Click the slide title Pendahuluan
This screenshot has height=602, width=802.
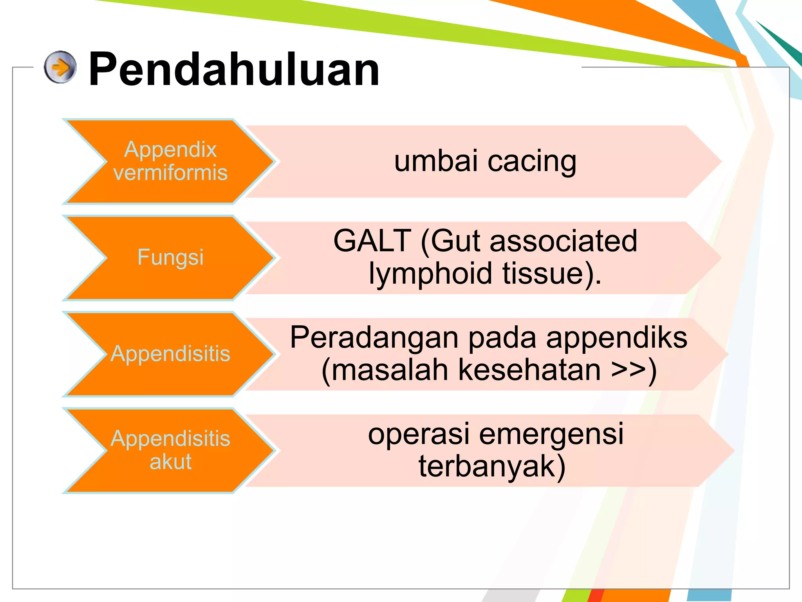click(x=234, y=69)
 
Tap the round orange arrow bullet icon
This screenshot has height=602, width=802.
click(x=60, y=67)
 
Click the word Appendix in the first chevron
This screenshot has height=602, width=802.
click(x=170, y=149)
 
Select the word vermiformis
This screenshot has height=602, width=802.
click(x=170, y=172)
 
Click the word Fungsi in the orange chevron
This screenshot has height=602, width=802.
click(x=170, y=257)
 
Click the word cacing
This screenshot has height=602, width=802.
click(x=532, y=161)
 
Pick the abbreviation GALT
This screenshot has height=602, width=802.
click(x=372, y=241)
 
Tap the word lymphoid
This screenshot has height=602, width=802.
click(x=430, y=273)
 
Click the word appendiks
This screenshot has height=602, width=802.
click(x=616, y=338)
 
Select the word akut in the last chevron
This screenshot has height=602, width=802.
click(x=170, y=461)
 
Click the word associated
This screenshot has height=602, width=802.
click(x=564, y=241)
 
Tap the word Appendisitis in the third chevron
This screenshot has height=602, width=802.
click(x=170, y=354)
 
